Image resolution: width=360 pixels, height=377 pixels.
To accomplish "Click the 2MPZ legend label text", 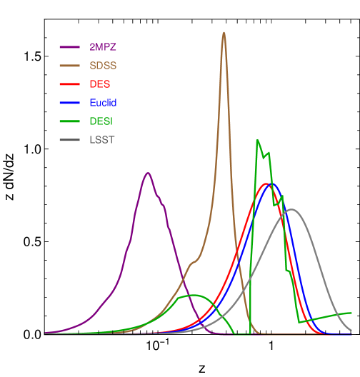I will [102, 47].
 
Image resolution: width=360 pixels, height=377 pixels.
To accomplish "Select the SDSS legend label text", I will [102, 66].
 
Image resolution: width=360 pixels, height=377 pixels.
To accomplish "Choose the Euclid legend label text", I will [103, 103].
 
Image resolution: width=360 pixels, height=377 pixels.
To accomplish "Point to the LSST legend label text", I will [101, 140].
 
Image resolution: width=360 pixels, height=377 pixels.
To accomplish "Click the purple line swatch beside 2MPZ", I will [69, 47].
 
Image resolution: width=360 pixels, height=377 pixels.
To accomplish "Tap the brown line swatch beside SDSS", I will [69, 66].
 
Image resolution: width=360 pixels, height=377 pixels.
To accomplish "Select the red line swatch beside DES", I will [69, 84].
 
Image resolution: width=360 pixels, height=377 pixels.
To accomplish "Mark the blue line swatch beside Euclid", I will [69, 103].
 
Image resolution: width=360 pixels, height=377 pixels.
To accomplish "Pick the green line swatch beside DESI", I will [69, 121].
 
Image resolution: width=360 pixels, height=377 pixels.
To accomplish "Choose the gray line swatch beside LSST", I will [69, 140].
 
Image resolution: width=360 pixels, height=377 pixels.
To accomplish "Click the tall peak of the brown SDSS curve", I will [224, 32].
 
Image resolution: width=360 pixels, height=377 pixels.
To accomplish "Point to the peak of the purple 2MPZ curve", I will [148, 173].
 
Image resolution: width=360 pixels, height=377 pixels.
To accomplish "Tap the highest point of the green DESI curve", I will [257, 140].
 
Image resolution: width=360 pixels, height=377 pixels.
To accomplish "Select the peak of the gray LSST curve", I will [291, 209].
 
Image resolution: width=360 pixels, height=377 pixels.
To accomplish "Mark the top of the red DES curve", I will [266, 184].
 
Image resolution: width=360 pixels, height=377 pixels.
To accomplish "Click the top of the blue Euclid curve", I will [272, 184].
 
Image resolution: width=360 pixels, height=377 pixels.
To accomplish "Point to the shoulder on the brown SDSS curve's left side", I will [191, 263].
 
